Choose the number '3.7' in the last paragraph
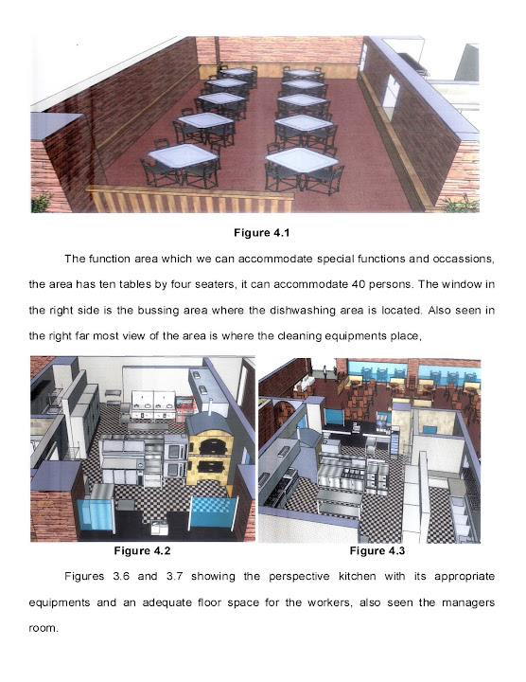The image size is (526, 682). (176, 576)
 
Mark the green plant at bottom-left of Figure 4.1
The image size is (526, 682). (41, 203)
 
